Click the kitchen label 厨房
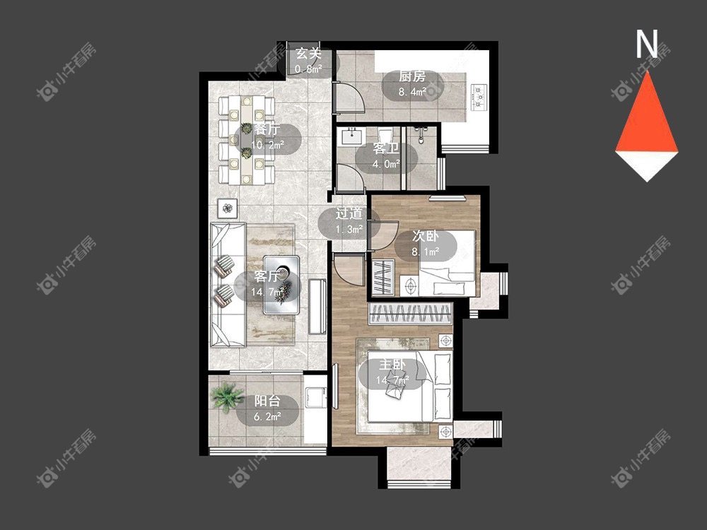(x=412, y=76)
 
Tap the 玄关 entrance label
(x=308, y=54)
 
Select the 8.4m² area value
(x=412, y=92)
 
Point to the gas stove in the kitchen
(x=479, y=96)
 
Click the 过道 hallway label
(x=349, y=213)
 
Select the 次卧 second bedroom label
(x=425, y=236)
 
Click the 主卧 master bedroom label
(x=392, y=365)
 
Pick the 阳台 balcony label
(x=267, y=401)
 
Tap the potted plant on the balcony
(x=228, y=397)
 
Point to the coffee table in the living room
(x=282, y=285)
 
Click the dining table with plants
(x=246, y=140)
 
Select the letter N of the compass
(x=647, y=44)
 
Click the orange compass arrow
(x=647, y=112)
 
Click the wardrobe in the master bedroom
(x=410, y=314)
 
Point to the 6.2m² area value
(x=267, y=416)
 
